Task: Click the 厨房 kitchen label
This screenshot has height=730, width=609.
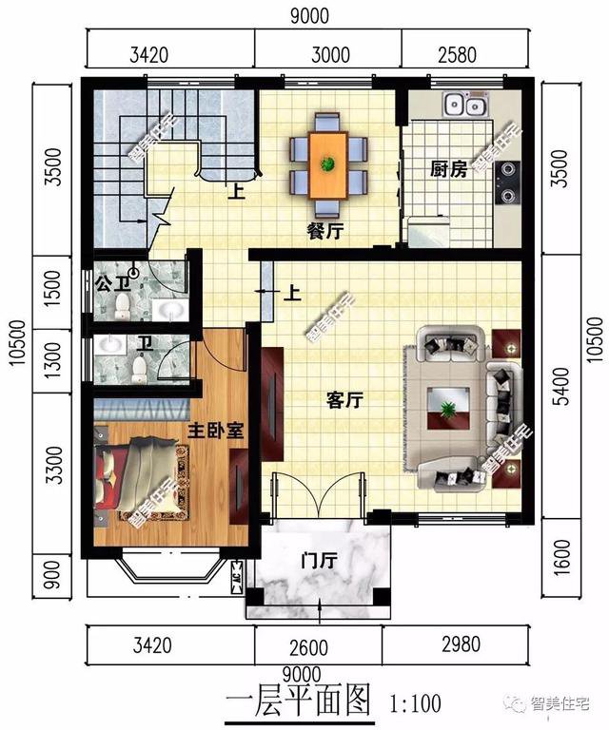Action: (x=448, y=170)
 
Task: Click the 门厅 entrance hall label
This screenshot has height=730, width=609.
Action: (x=319, y=561)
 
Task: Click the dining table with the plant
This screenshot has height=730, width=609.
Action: (x=328, y=164)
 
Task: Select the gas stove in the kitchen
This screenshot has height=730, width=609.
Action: (x=508, y=182)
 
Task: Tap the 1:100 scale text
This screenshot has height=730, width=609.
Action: (x=416, y=704)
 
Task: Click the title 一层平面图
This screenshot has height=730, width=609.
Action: (x=298, y=702)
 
